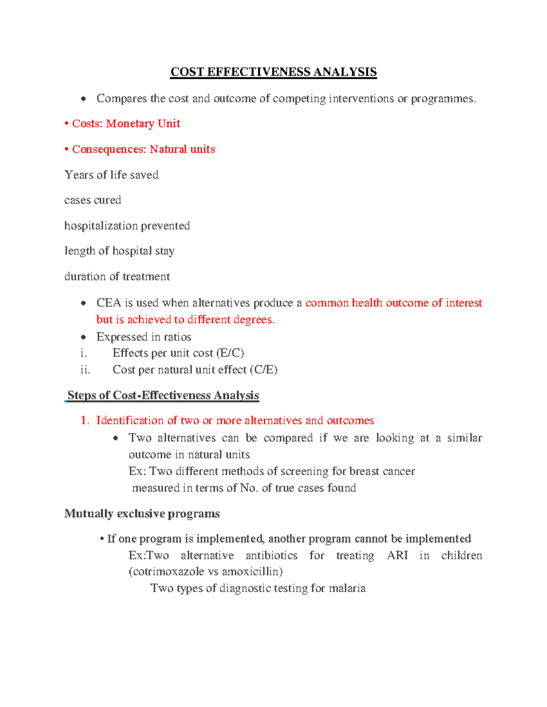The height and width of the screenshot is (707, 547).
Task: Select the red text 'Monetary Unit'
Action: (x=143, y=123)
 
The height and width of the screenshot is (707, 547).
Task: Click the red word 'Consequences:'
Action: (x=109, y=149)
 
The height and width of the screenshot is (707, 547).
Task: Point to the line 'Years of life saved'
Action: (x=111, y=175)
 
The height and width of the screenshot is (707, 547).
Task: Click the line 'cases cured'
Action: (x=93, y=200)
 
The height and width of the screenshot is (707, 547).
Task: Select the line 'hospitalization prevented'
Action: (x=127, y=226)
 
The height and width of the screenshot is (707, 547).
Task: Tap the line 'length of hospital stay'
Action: (x=119, y=251)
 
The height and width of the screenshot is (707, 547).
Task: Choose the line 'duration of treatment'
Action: (x=117, y=276)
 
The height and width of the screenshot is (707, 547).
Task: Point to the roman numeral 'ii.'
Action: (x=85, y=370)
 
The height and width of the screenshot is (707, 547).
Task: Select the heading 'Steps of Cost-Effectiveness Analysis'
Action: (x=163, y=395)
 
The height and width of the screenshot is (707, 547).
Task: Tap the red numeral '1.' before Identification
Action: (x=85, y=420)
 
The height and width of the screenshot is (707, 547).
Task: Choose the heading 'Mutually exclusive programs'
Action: (x=142, y=514)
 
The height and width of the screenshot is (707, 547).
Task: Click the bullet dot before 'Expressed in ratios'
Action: (x=83, y=337)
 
